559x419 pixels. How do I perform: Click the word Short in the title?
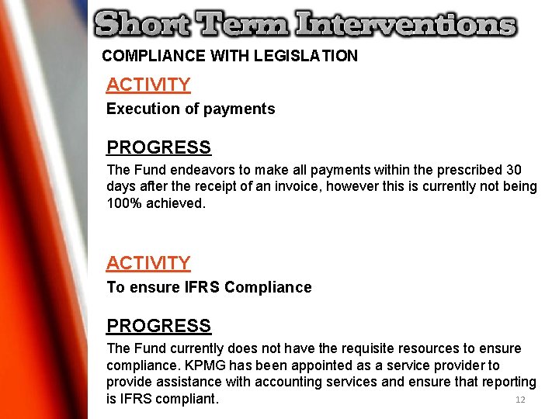141,24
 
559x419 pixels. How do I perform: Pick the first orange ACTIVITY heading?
148,85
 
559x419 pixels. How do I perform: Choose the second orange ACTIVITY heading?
148,263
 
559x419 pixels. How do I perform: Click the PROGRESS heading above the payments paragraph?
158,147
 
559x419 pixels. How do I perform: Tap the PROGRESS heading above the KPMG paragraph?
158,326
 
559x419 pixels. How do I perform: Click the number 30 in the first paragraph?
513,170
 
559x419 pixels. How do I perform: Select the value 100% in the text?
124,203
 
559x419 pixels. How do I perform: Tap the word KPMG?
252,365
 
